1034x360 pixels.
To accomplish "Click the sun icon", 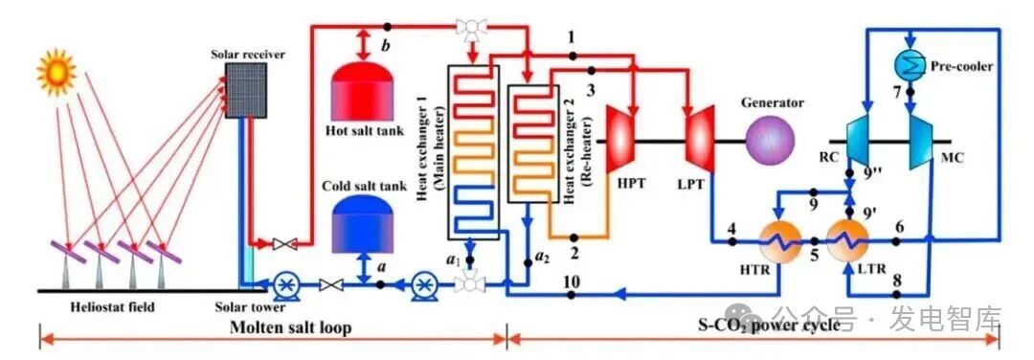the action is (56, 72).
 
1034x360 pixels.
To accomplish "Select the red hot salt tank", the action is (362, 92).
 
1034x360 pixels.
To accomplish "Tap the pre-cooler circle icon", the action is (910, 64).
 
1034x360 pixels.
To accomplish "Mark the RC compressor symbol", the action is (860, 139).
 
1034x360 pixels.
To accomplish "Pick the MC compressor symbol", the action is (923, 139).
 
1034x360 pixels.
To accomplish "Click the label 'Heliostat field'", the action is (114, 306).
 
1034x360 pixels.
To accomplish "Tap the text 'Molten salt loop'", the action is (290, 327).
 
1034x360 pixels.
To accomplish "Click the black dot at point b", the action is (388, 27).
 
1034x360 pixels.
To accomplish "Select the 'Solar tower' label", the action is (251, 307).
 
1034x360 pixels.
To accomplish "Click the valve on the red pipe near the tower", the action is (284, 244).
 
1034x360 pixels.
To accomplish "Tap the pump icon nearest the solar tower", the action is (285, 284).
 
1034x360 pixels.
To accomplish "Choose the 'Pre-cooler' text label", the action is (961, 66).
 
